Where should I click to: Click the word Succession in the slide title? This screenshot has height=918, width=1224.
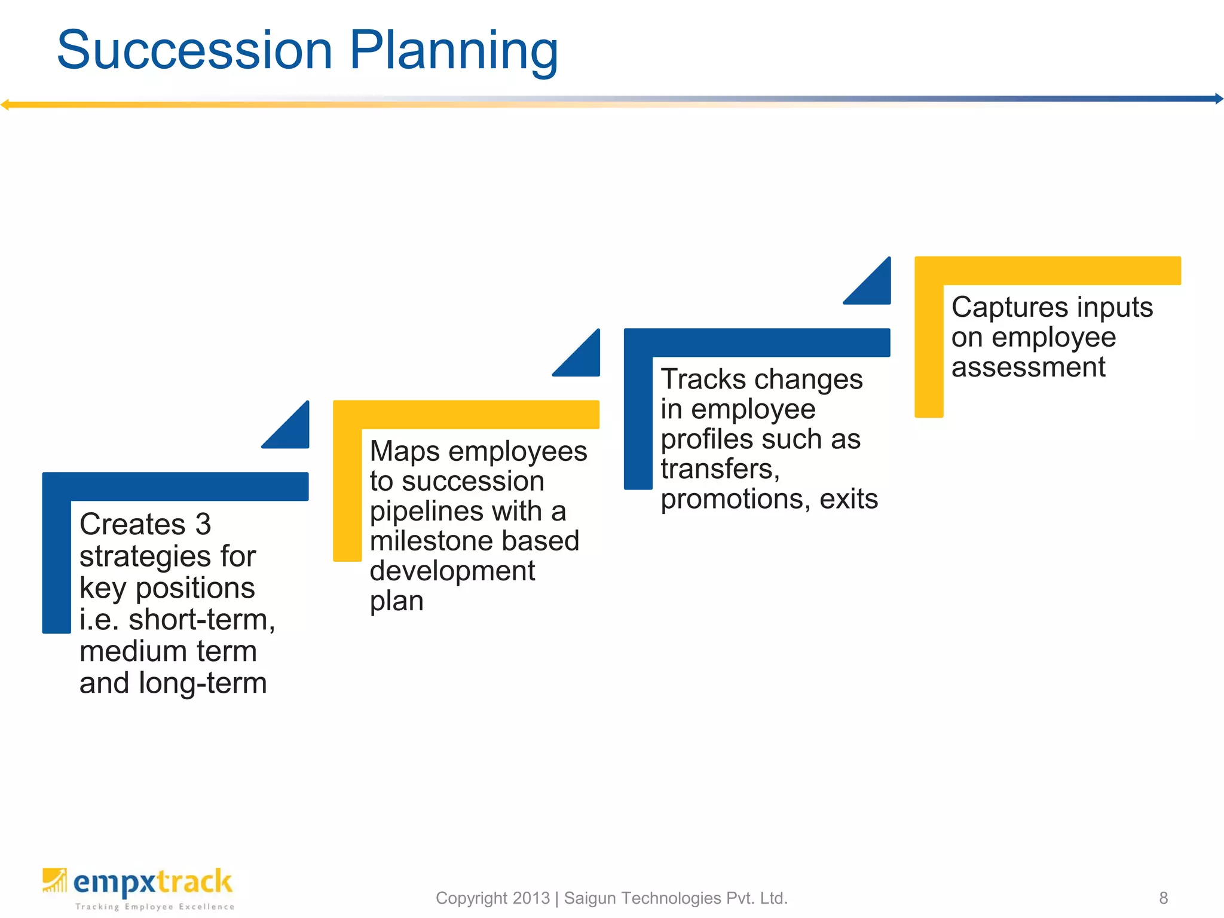click(194, 50)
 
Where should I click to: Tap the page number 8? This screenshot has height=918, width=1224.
click(1163, 898)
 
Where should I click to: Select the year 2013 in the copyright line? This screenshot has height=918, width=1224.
click(531, 898)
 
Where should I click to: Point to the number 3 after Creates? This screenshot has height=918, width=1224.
click(203, 525)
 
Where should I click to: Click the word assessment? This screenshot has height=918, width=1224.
click(1028, 367)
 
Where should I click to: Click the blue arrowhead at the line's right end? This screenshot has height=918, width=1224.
click(1219, 99)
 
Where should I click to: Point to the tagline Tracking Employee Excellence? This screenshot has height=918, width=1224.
click(154, 907)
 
